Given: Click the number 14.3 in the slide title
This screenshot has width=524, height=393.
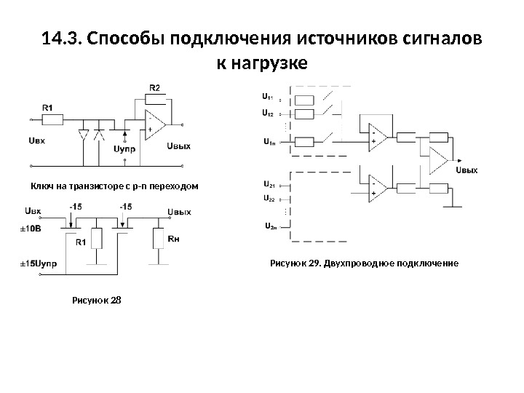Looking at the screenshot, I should [x=60, y=37].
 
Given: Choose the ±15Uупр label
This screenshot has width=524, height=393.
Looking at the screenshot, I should [x=32, y=261].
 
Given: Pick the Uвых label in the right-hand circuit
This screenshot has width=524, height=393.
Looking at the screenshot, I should [x=466, y=170].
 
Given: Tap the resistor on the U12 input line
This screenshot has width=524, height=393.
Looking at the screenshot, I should [x=303, y=114].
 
